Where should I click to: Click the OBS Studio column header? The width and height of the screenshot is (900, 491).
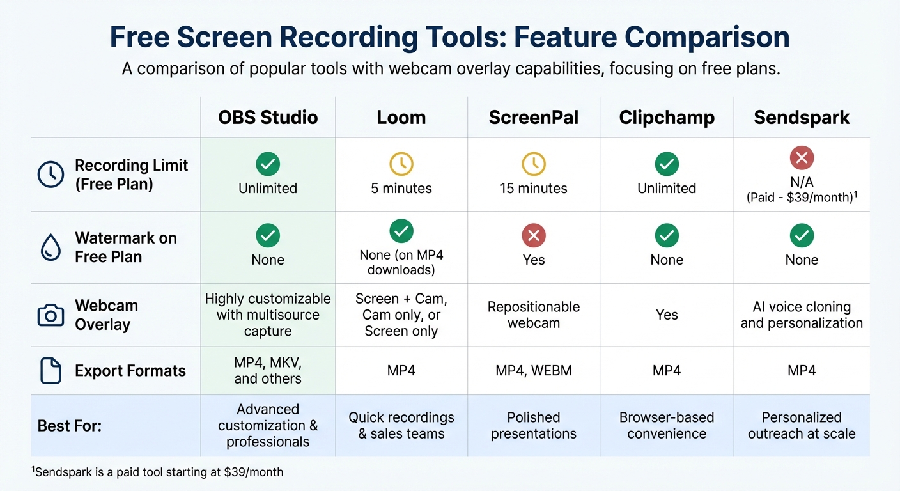(268, 118)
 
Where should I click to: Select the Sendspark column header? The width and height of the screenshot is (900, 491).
(802, 118)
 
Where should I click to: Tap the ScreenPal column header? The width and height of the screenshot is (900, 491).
(534, 118)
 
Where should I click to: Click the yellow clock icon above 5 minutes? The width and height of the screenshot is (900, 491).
(401, 164)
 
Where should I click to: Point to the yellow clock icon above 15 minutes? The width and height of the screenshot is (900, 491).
(534, 164)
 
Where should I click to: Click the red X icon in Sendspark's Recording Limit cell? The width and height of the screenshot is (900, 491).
(802, 157)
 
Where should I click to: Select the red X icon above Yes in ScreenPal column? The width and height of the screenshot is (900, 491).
(534, 236)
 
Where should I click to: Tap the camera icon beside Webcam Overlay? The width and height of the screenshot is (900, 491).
(51, 315)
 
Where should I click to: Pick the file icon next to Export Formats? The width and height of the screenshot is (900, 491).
(51, 371)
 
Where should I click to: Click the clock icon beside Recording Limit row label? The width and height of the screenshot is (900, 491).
(51, 175)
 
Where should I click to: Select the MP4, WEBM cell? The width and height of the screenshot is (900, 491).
(534, 371)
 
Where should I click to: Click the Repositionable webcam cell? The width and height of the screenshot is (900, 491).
(534, 315)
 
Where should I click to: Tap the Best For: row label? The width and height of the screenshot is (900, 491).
(70, 426)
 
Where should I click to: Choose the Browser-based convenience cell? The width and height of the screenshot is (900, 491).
(667, 426)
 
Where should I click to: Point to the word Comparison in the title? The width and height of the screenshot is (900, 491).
(707, 37)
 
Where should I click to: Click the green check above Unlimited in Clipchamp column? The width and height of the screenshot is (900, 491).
(667, 164)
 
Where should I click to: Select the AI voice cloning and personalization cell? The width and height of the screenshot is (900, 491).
(802, 315)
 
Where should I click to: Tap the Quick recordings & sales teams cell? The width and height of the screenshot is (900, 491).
(401, 426)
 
